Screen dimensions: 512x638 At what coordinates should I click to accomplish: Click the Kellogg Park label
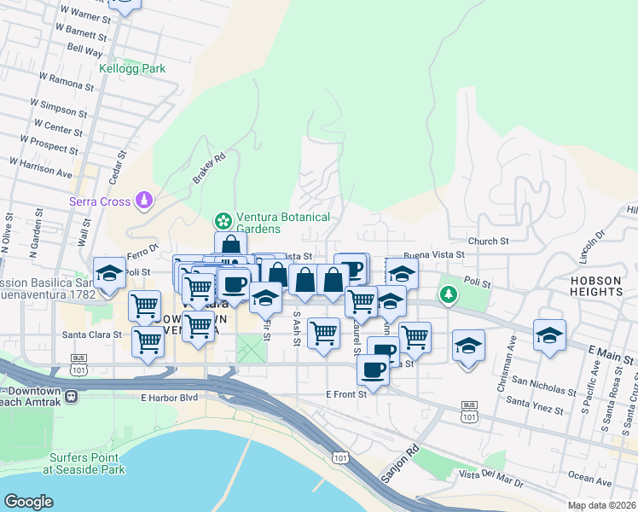[131, 68]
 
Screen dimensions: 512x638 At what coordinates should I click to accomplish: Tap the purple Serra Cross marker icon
[145, 201]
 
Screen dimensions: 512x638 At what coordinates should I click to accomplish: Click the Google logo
[28, 502]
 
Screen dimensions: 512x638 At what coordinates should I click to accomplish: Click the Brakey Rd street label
[208, 167]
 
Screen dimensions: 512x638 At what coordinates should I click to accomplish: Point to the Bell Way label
[84, 50]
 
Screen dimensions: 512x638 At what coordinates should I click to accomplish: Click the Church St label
[487, 241]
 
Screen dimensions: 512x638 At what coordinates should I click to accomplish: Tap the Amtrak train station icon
[71, 396]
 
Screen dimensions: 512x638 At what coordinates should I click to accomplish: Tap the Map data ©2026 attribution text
[601, 505]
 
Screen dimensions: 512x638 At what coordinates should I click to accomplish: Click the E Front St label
[346, 393]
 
